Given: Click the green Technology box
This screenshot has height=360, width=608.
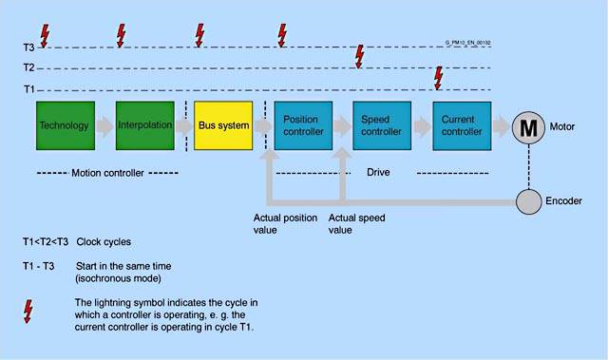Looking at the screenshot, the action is coord(66,125).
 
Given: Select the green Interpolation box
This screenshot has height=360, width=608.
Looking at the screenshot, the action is coord(145,125).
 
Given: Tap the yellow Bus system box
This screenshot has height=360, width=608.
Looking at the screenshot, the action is coord(223,125).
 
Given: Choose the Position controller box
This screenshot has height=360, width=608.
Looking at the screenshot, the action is coord(303,125).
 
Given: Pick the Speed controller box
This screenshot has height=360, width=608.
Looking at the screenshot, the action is coord(382,125).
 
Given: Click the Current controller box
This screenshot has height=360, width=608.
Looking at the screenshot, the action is coord(462,125).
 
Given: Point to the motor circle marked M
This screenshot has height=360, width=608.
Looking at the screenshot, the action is coord(528,127).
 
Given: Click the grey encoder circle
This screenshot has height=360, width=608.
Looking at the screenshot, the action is coord(528,201).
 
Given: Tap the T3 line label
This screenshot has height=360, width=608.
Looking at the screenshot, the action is coord(28,47).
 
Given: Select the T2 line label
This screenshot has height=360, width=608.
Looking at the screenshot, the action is coord(28,67).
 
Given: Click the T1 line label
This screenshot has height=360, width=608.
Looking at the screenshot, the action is coord(29,89).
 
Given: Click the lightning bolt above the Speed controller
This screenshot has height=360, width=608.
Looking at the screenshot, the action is coord(360,57).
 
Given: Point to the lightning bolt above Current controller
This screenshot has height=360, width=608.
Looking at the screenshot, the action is coord(438,78).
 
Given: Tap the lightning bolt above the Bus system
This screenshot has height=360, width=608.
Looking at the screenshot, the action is coord(199,35).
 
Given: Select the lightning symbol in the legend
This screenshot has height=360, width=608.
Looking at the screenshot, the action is coord(28,312).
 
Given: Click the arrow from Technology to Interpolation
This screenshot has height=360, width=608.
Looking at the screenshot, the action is coord(105,126).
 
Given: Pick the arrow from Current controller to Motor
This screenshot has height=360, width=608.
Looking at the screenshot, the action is coord(502,126).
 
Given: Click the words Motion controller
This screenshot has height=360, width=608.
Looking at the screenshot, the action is coord(107,173).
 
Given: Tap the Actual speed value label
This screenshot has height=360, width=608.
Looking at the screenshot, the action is coord(357,224).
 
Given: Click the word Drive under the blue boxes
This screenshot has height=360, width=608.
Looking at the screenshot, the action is coord(378,172).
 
